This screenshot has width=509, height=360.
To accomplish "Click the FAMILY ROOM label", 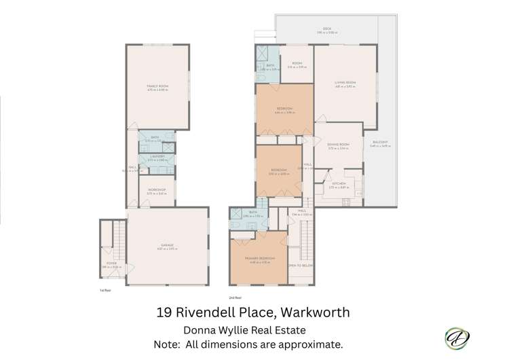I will [x=157, y=86].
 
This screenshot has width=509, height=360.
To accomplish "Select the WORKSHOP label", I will [x=157, y=191].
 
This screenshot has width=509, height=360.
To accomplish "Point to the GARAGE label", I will [x=167, y=245].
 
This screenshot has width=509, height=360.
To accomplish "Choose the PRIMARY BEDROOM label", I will [x=260, y=259].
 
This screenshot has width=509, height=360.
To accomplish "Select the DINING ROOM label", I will [x=337, y=145].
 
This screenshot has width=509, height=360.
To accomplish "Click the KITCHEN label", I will [x=338, y=184].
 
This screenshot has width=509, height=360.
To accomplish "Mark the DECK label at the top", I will [x=327, y=29].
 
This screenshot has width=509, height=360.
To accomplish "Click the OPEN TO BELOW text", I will [x=299, y=266].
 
